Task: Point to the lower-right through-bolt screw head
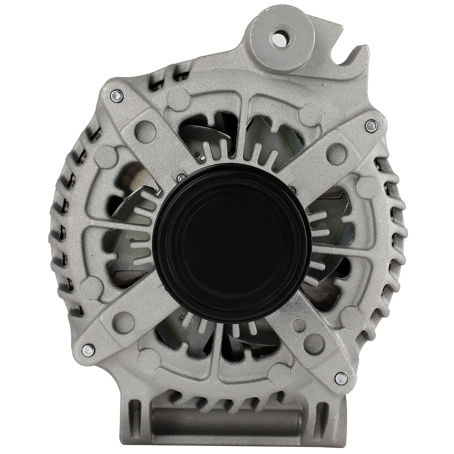tap(340, 377)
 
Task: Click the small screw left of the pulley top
tap(179, 178)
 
